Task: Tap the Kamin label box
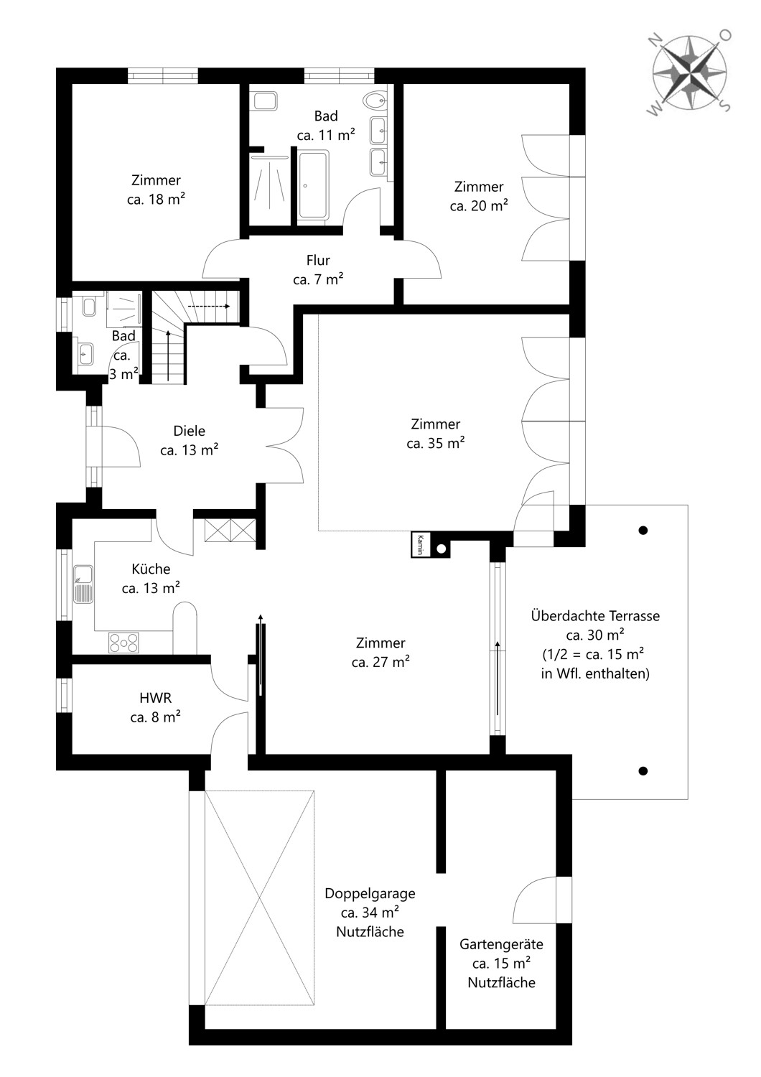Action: pyautogui.click(x=420, y=544)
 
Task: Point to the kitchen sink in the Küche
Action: pyautogui.click(x=84, y=584)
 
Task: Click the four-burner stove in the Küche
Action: pyautogui.click(x=124, y=643)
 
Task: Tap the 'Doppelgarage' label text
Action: pyautogui.click(x=370, y=894)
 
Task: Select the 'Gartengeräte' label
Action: pyautogui.click(x=501, y=944)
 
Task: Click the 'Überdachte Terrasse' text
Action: pyautogui.click(x=595, y=616)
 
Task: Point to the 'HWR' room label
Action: pyautogui.click(x=155, y=698)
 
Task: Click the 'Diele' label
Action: pyautogui.click(x=189, y=431)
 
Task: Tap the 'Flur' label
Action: pyautogui.click(x=318, y=260)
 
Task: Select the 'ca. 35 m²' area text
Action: pyautogui.click(x=436, y=443)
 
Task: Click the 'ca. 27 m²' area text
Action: pyautogui.click(x=380, y=662)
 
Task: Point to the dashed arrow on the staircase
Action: pyautogui.click(x=209, y=306)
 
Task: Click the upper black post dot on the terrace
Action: pyautogui.click(x=643, y=531)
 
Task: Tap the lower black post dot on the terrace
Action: pyautogui.click(x=643, y=771)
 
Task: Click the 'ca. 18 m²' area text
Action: pyautogui.click(x=157, y=200)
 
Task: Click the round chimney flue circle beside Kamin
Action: pyautogui.click(x=441, y=548)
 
